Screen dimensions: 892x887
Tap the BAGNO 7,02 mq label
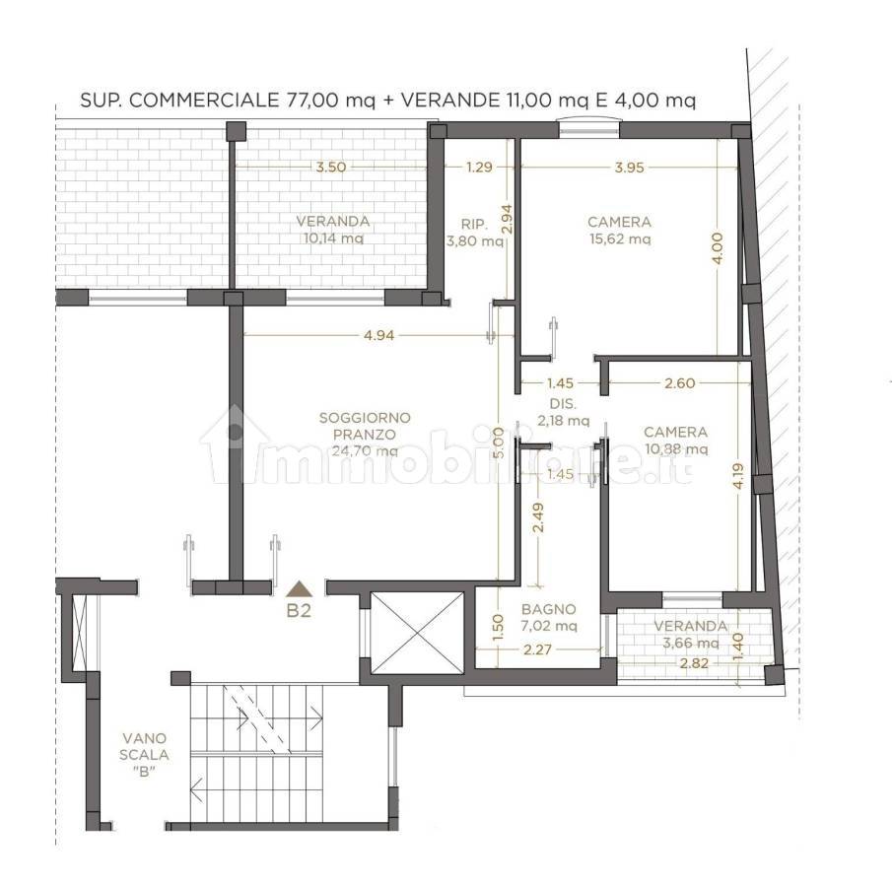tap(549, 617)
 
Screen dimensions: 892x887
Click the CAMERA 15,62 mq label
tap(620, 231)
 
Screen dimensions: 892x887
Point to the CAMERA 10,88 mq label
tap(676, 441)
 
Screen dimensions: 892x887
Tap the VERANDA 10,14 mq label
tap(333, 230)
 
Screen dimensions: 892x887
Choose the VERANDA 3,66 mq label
tap(691, 635)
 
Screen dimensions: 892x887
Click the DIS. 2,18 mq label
tap(563, 413)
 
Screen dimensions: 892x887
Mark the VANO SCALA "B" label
tap(144, 754)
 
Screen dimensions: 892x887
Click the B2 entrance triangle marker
tap(300, 588)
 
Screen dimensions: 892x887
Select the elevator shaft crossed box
tap(418, 632)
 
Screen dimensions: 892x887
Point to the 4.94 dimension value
tap(378, 335)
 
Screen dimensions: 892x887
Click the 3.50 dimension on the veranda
tap(331, 168)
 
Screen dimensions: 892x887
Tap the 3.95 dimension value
tap(629, 168)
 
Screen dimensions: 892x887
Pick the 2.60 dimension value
tap(680, 383)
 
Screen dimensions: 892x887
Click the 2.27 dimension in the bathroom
tap(536, 649)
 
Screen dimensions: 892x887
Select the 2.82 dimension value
tap(694, 663)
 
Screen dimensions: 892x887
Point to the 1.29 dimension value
tap(479, 168)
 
